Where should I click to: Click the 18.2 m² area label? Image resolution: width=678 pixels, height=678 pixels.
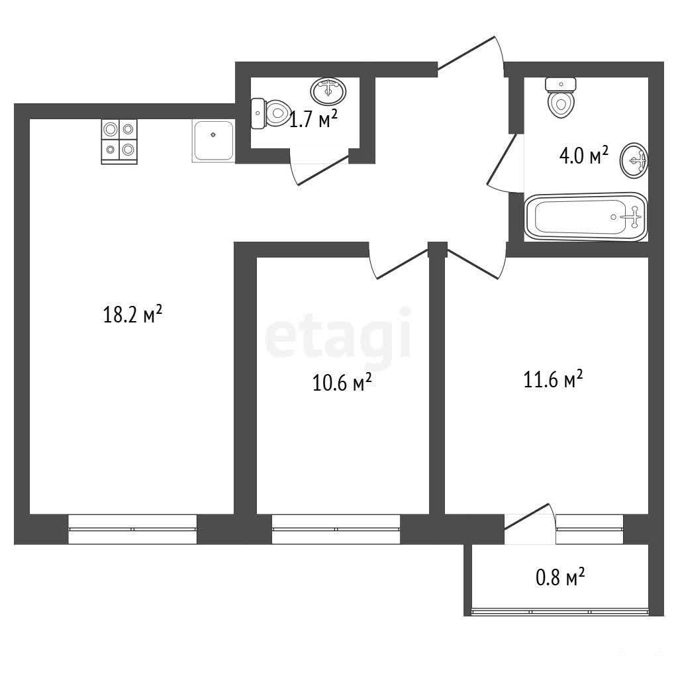point(132,314)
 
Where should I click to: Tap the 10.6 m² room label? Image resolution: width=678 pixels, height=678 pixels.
point(342,382)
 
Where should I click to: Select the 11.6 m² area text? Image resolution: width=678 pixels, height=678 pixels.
point(553,379)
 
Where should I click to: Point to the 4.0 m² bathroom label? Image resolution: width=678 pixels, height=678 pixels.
point(584,155)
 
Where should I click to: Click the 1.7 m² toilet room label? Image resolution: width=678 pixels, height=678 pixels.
point(313,119)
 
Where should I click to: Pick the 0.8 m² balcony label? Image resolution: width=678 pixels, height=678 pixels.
point(560,577)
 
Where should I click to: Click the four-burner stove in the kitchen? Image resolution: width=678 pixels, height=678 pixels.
point(119,142)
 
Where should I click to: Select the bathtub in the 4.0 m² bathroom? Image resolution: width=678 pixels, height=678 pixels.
point(586,217)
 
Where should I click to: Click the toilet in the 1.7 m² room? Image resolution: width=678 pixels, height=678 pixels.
point(271,113)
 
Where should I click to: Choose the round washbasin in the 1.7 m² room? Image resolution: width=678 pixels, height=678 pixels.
point(328,91)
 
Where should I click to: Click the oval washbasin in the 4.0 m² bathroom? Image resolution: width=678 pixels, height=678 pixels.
point(634,160)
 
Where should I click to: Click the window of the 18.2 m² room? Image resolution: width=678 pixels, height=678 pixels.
point(132,529)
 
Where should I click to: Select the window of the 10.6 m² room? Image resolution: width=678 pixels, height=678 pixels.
point(336,529)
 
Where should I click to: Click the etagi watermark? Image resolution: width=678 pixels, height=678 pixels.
point(338,334)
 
